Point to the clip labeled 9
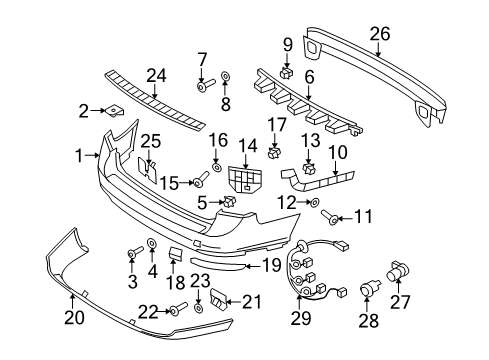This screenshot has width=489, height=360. tap(286, 71)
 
